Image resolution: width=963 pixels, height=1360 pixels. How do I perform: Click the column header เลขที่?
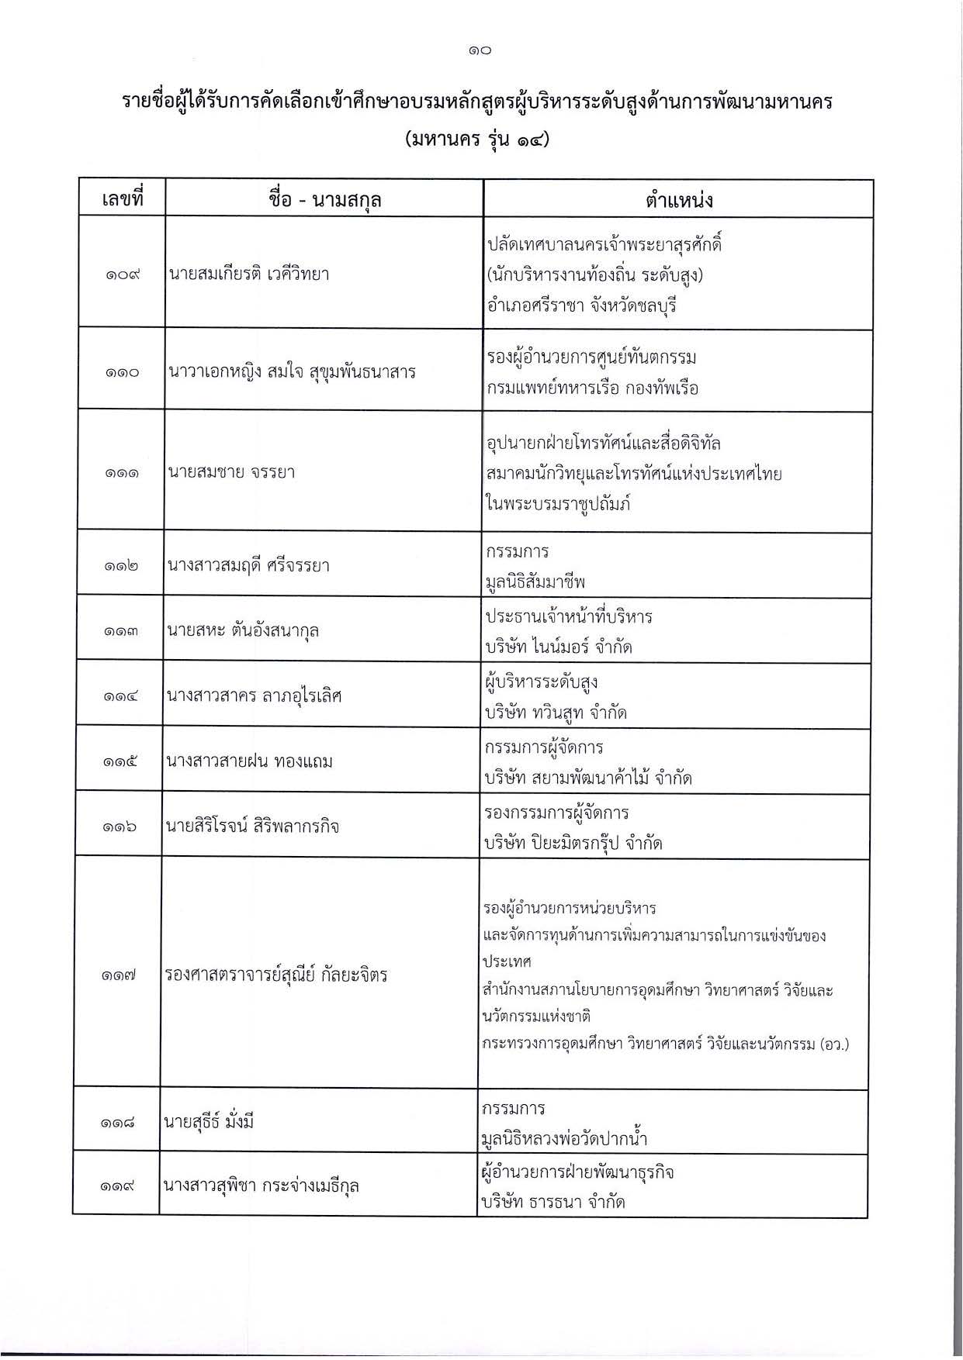pos(123,200)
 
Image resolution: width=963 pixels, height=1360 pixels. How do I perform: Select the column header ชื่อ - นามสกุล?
pos(324,201)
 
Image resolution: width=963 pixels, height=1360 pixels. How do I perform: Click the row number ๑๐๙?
pos(123,274)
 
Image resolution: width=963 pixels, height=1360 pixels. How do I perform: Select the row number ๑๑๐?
pos(123,373)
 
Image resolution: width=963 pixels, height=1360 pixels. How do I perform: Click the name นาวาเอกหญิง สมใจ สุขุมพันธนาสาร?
pos(292,372)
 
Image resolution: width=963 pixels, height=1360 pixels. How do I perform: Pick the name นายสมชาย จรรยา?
pos(231,472)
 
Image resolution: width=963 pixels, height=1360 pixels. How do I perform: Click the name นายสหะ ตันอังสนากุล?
pos(243,630)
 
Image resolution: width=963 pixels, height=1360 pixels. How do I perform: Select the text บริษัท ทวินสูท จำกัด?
pos(556,713)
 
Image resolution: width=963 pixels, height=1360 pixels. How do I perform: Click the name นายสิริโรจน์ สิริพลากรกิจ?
pos(251,827)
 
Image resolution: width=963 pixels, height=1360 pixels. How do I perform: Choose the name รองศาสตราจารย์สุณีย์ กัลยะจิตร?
pos(275,975)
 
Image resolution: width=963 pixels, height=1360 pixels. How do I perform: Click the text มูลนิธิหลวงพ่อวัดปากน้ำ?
pos(564,1139)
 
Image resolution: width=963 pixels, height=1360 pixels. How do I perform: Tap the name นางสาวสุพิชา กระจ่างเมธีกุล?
pos(261,1186)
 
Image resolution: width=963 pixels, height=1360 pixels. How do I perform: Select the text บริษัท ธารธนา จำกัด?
pos(553,1203)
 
